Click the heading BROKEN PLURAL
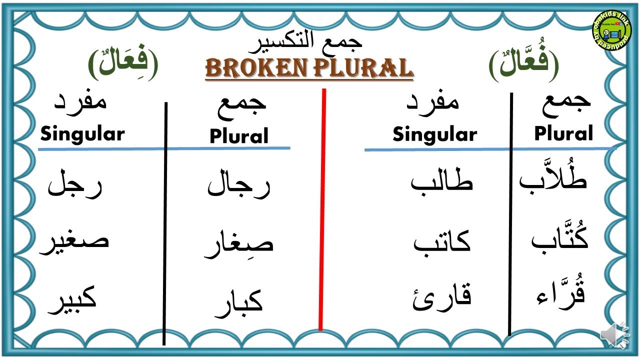point(309,68)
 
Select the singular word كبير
point(72,300)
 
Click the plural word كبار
point(239,303)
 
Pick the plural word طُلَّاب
point(553,178)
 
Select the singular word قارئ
point(442,298)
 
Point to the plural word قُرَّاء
point(560,295)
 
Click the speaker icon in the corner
point(615,335)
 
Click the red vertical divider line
point(322,210)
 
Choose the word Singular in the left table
point(82,134)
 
